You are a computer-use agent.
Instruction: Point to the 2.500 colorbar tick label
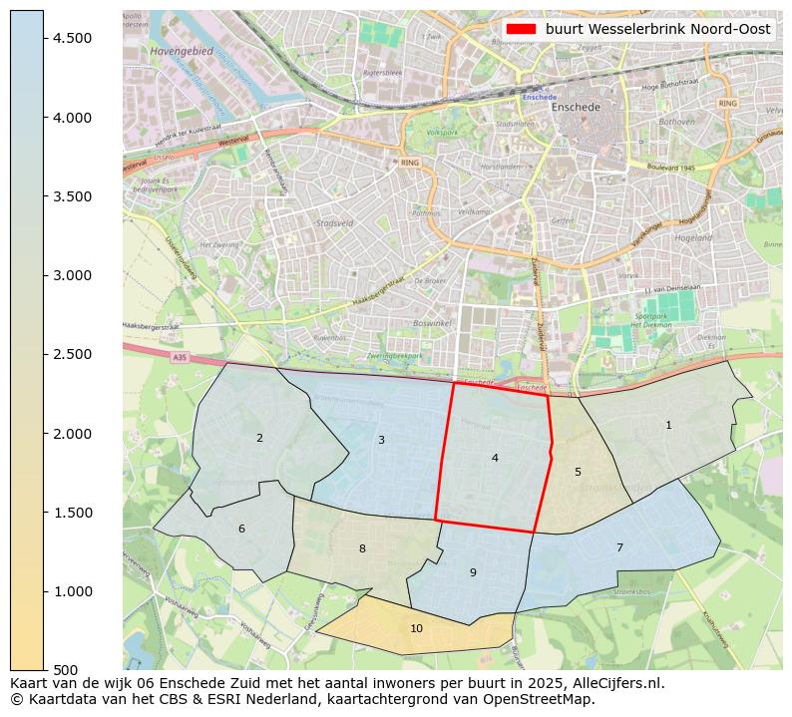(x=72, y=354)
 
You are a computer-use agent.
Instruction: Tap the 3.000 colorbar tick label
(x=72, y=275)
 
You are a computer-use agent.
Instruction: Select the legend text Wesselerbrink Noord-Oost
(x=658, y=29)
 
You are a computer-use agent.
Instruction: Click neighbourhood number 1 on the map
(x=668, y=426)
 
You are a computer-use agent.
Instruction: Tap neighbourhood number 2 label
(x=259, y=438)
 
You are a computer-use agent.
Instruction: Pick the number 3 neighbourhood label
(x=381, y=440)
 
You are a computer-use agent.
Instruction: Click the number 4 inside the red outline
(x=495, y=458)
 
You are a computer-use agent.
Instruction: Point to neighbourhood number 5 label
(x=578, y=472)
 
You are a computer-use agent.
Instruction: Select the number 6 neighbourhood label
(x=241, y=529)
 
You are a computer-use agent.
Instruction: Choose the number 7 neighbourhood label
(x=619, y=547)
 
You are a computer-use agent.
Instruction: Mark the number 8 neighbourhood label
(x=362, y=548)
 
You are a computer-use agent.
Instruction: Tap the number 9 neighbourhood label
(x=473, y=572)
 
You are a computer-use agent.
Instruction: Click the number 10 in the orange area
(x=416, y=628)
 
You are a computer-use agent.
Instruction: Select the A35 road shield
(x=179, y=357)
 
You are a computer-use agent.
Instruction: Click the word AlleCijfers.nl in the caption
(x=613, y=684)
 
